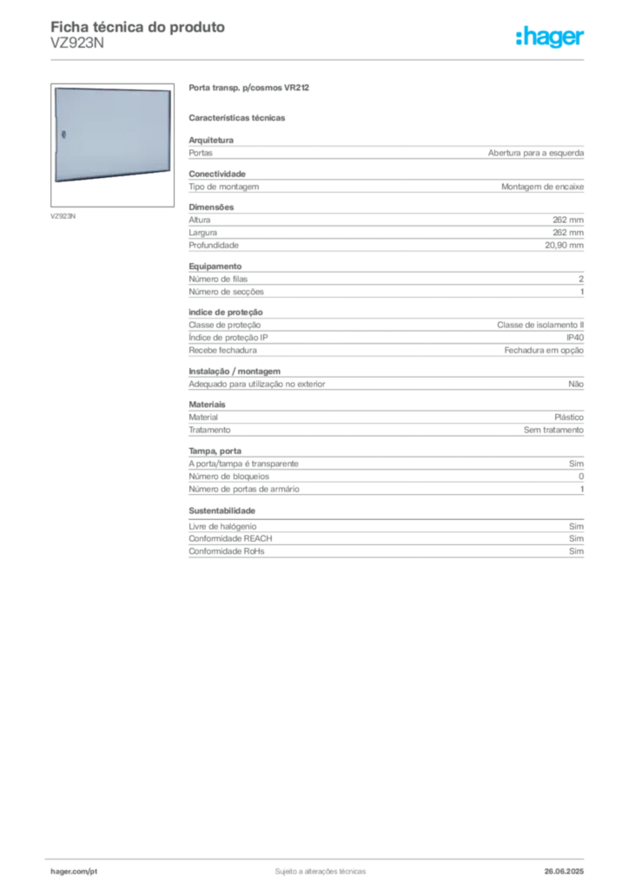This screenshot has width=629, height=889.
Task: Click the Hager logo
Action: [550, 36]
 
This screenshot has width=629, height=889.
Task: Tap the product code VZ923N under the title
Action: [77, 43]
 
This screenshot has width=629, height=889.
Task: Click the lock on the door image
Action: [63, 135]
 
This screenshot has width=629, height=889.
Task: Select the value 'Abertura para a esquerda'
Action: [536, 153]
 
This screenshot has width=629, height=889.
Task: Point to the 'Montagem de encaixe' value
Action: [542, 187]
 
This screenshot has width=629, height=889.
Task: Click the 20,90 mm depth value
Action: [565, 246]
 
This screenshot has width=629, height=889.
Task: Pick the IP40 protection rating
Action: [575, 338]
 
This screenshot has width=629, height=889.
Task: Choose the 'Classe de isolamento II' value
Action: [540, 325]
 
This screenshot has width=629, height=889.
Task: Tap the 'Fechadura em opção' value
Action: [544, 351]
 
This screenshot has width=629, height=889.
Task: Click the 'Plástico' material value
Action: [569, 418]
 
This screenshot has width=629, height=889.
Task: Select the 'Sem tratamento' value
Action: [553, 430]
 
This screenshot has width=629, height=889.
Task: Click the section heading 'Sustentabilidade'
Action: [222, 510]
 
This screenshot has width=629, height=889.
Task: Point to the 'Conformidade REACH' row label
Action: [230, 538]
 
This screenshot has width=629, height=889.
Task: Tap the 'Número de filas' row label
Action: [218, 279]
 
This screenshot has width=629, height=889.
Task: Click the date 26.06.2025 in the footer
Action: [564, 872]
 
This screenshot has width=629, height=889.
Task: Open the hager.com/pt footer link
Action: [74, 872]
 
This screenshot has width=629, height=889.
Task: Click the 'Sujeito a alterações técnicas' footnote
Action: [321, 872]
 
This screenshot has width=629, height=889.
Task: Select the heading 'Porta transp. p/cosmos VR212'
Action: [249, 88]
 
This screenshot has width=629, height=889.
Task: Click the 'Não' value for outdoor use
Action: [576, 384]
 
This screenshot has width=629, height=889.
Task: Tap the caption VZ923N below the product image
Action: [63, 216]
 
